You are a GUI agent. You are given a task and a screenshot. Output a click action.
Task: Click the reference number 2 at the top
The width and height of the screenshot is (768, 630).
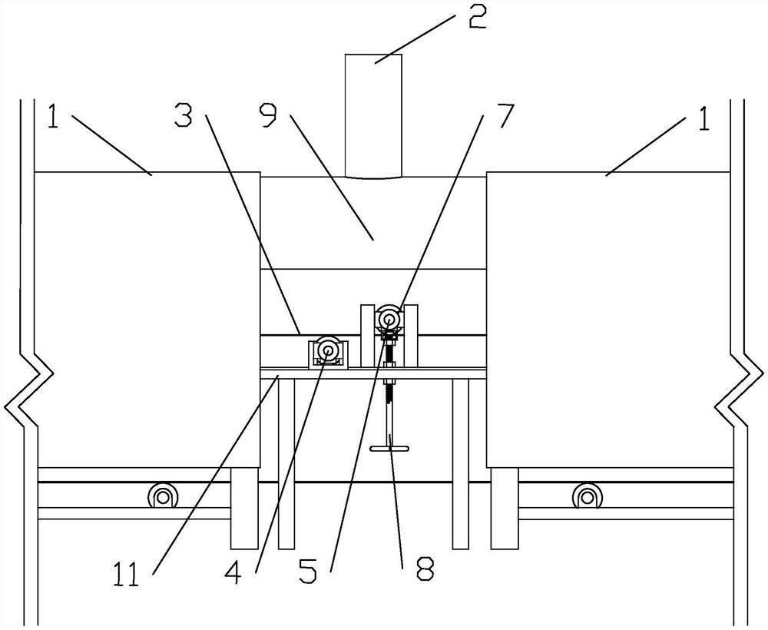coord(478,17)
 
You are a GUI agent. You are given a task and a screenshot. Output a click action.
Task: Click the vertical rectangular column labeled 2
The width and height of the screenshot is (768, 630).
coord(374,115)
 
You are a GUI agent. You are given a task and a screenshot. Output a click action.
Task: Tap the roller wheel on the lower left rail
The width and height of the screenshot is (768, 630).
coord(163,496)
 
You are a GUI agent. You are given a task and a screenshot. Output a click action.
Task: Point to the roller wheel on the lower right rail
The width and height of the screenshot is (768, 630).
coord(587,496)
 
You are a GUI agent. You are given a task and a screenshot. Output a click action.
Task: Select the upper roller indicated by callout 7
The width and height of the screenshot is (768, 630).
coord(389,317)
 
